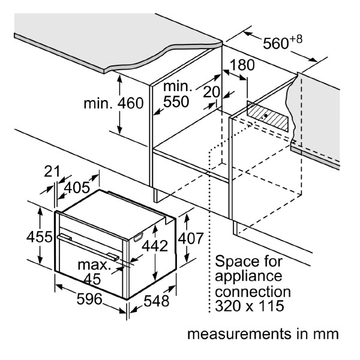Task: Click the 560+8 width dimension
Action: click(283, 43)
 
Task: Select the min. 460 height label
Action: click(113, 103)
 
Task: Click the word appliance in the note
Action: click(248, 277)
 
